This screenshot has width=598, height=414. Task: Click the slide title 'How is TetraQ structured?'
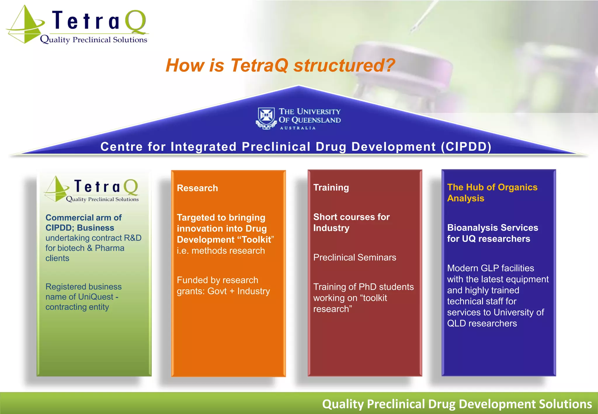280,65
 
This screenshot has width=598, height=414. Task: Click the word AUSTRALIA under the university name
298,128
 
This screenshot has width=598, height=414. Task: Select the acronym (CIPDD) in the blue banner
466,147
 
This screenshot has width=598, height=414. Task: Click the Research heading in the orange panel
197,188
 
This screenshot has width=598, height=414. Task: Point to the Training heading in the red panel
331,187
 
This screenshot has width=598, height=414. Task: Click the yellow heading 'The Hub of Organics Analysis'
492,192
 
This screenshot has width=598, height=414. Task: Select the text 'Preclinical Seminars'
354,257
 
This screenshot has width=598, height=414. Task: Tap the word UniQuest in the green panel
96,297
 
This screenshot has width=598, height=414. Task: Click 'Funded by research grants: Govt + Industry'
223,286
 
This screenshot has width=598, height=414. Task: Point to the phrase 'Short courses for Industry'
351,222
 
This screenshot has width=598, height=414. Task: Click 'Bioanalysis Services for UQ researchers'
492,233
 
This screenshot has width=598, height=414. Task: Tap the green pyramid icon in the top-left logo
25,26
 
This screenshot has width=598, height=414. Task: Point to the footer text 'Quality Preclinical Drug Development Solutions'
457,404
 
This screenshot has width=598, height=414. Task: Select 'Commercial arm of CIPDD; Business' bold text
84,222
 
